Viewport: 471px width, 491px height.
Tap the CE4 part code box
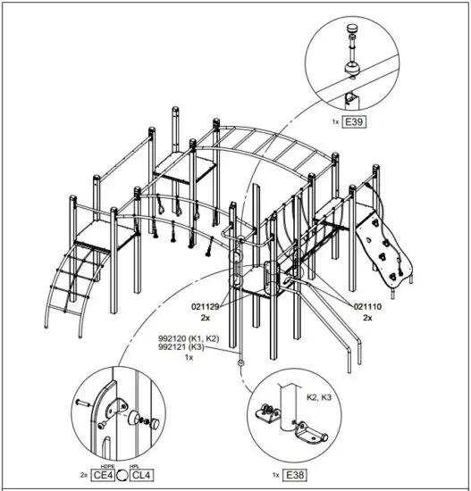[x=103, y=475]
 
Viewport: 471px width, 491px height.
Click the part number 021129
[x=206, y=306]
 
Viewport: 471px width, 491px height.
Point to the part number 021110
[x=370, y=306]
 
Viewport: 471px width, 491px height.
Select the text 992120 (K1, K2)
[x=189, y=337]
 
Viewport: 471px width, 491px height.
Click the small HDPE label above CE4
[x=104, y=466]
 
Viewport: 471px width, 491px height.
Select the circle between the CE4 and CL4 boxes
[x=122, y=475]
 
